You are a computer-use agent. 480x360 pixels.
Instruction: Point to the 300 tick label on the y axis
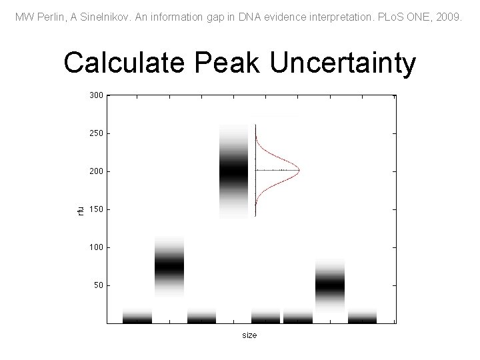click(96, 96)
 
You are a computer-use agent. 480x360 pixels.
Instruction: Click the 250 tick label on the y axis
click(96, 134)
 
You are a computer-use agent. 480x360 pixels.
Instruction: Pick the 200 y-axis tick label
click(96, 172)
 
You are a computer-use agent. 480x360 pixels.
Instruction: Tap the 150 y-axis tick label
click(96, 210)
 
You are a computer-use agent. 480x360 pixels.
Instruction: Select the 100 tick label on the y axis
click(96, 248)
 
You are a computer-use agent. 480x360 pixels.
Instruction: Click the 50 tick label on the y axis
click(98, 286)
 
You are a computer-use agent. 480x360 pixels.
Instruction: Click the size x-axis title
click(249, 335)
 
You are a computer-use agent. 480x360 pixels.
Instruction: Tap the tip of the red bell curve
click(299, 171)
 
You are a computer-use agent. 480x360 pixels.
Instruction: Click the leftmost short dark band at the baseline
click(137, 317)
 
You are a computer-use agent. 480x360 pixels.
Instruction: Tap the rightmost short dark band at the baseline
click(362, 317)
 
